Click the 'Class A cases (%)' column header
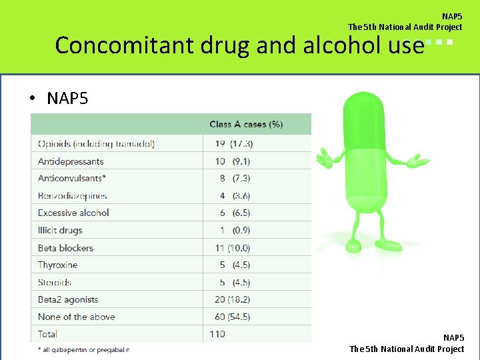[x=246, y=124]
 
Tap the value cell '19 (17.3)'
[x=234, y=144]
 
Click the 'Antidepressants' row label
[x=71, y=161]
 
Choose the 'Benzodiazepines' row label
[x=73, y=196]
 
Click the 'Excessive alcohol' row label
[x=73, y=213]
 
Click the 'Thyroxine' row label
[x=57, y=265]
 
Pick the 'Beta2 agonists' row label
[x=68, y=300]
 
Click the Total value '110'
[x=217, y=334]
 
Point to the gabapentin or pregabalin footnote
[x=83, y=349]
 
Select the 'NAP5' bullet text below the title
[x=67, y=99]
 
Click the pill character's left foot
[x=353, y=246]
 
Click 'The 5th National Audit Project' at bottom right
[x=407, y=349]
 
